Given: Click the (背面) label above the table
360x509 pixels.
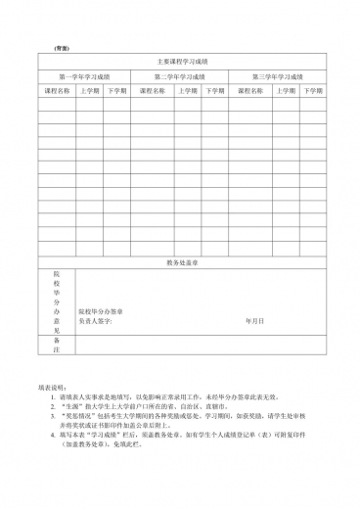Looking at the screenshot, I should [61, 47].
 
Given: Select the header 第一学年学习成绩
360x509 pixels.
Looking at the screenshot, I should [84, 75].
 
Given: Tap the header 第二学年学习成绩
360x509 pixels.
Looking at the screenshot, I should [181, 75].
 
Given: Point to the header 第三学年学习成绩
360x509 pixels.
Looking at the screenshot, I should [278, 75].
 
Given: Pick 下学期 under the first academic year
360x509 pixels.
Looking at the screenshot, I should [116, 90].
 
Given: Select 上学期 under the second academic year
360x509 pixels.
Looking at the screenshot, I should [187, 90].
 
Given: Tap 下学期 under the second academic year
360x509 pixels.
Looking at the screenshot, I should [213, 90].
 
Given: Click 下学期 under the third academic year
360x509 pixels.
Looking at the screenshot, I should [312, 90].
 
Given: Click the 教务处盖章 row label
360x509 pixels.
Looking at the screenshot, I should [181, 263].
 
